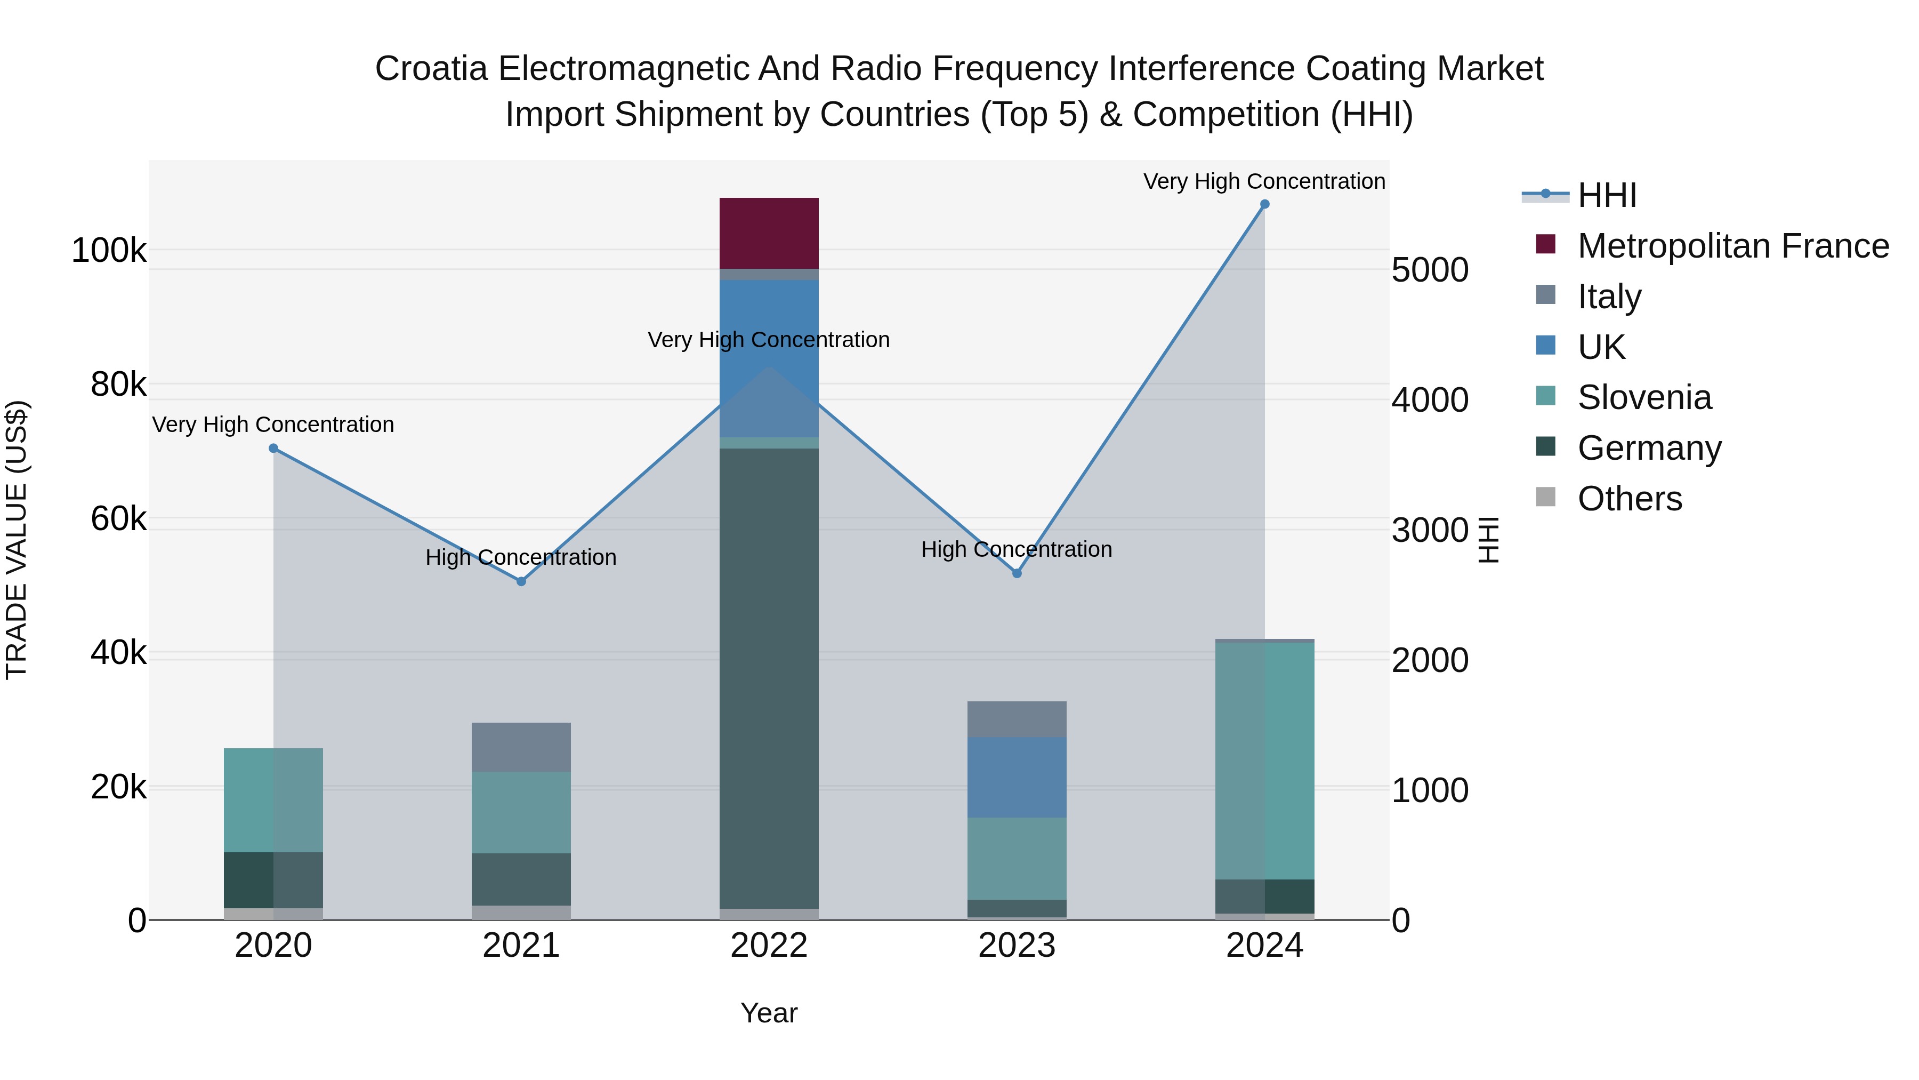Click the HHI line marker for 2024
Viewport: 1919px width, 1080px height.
1264,204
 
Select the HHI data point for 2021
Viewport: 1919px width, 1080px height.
521,581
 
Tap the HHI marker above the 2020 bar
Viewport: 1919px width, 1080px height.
273,448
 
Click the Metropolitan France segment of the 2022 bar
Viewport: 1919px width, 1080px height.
769,233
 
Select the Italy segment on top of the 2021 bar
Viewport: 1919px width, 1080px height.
521,747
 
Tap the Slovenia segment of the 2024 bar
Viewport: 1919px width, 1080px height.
1264,760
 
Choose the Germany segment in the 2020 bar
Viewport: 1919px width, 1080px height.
273,879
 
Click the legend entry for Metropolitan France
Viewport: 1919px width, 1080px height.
1733,246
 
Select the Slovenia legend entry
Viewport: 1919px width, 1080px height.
1644,397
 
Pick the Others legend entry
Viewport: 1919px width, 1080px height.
1629,499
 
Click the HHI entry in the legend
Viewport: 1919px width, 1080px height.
1607,195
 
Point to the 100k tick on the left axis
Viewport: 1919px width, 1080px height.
109,251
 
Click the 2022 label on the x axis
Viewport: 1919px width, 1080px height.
769,946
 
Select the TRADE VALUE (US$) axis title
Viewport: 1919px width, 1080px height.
17,540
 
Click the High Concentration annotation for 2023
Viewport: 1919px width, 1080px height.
1016,549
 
